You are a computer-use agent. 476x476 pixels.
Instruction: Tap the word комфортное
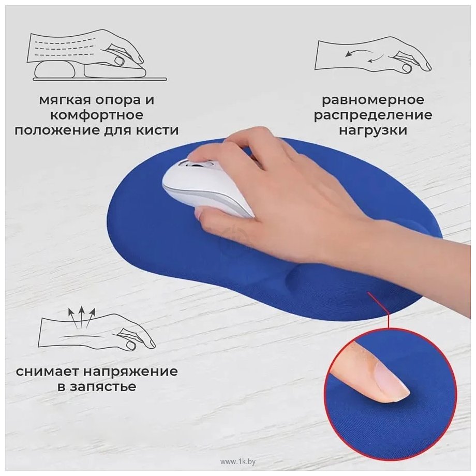(97, 115)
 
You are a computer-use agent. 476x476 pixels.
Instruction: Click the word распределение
(373, 115)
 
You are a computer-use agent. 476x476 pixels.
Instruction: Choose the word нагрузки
(373, 130)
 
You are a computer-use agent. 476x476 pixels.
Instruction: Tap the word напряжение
(131, 372)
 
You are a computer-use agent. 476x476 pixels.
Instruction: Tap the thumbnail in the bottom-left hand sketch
(131, 345)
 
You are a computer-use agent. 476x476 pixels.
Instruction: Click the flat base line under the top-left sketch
(99, 80)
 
